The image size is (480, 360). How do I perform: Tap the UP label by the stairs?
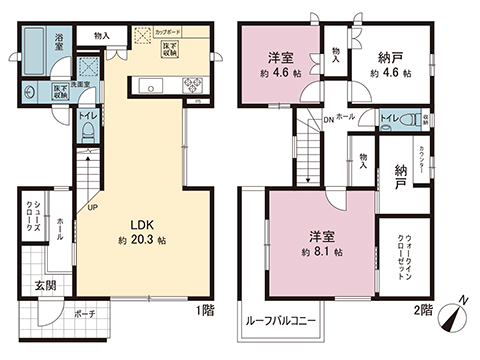tap(94, 208)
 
